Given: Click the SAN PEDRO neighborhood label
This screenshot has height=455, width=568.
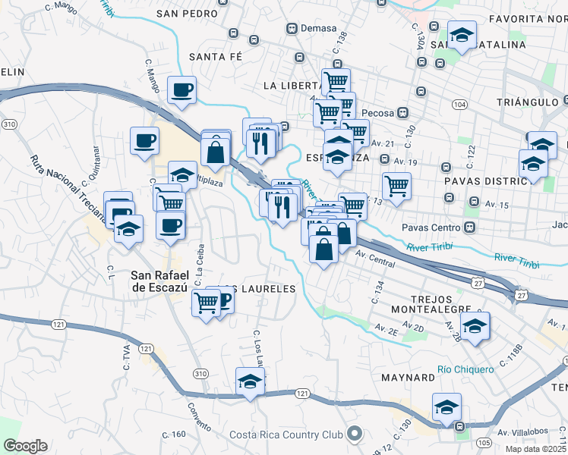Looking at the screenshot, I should [186, 13].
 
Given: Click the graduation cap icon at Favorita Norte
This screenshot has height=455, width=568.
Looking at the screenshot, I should [460, 36].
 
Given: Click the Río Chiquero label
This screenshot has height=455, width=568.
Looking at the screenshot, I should [465, 369].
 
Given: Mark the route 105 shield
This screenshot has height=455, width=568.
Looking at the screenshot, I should [483, 441].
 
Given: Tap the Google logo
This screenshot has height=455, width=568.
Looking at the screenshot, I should [25, 446].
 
